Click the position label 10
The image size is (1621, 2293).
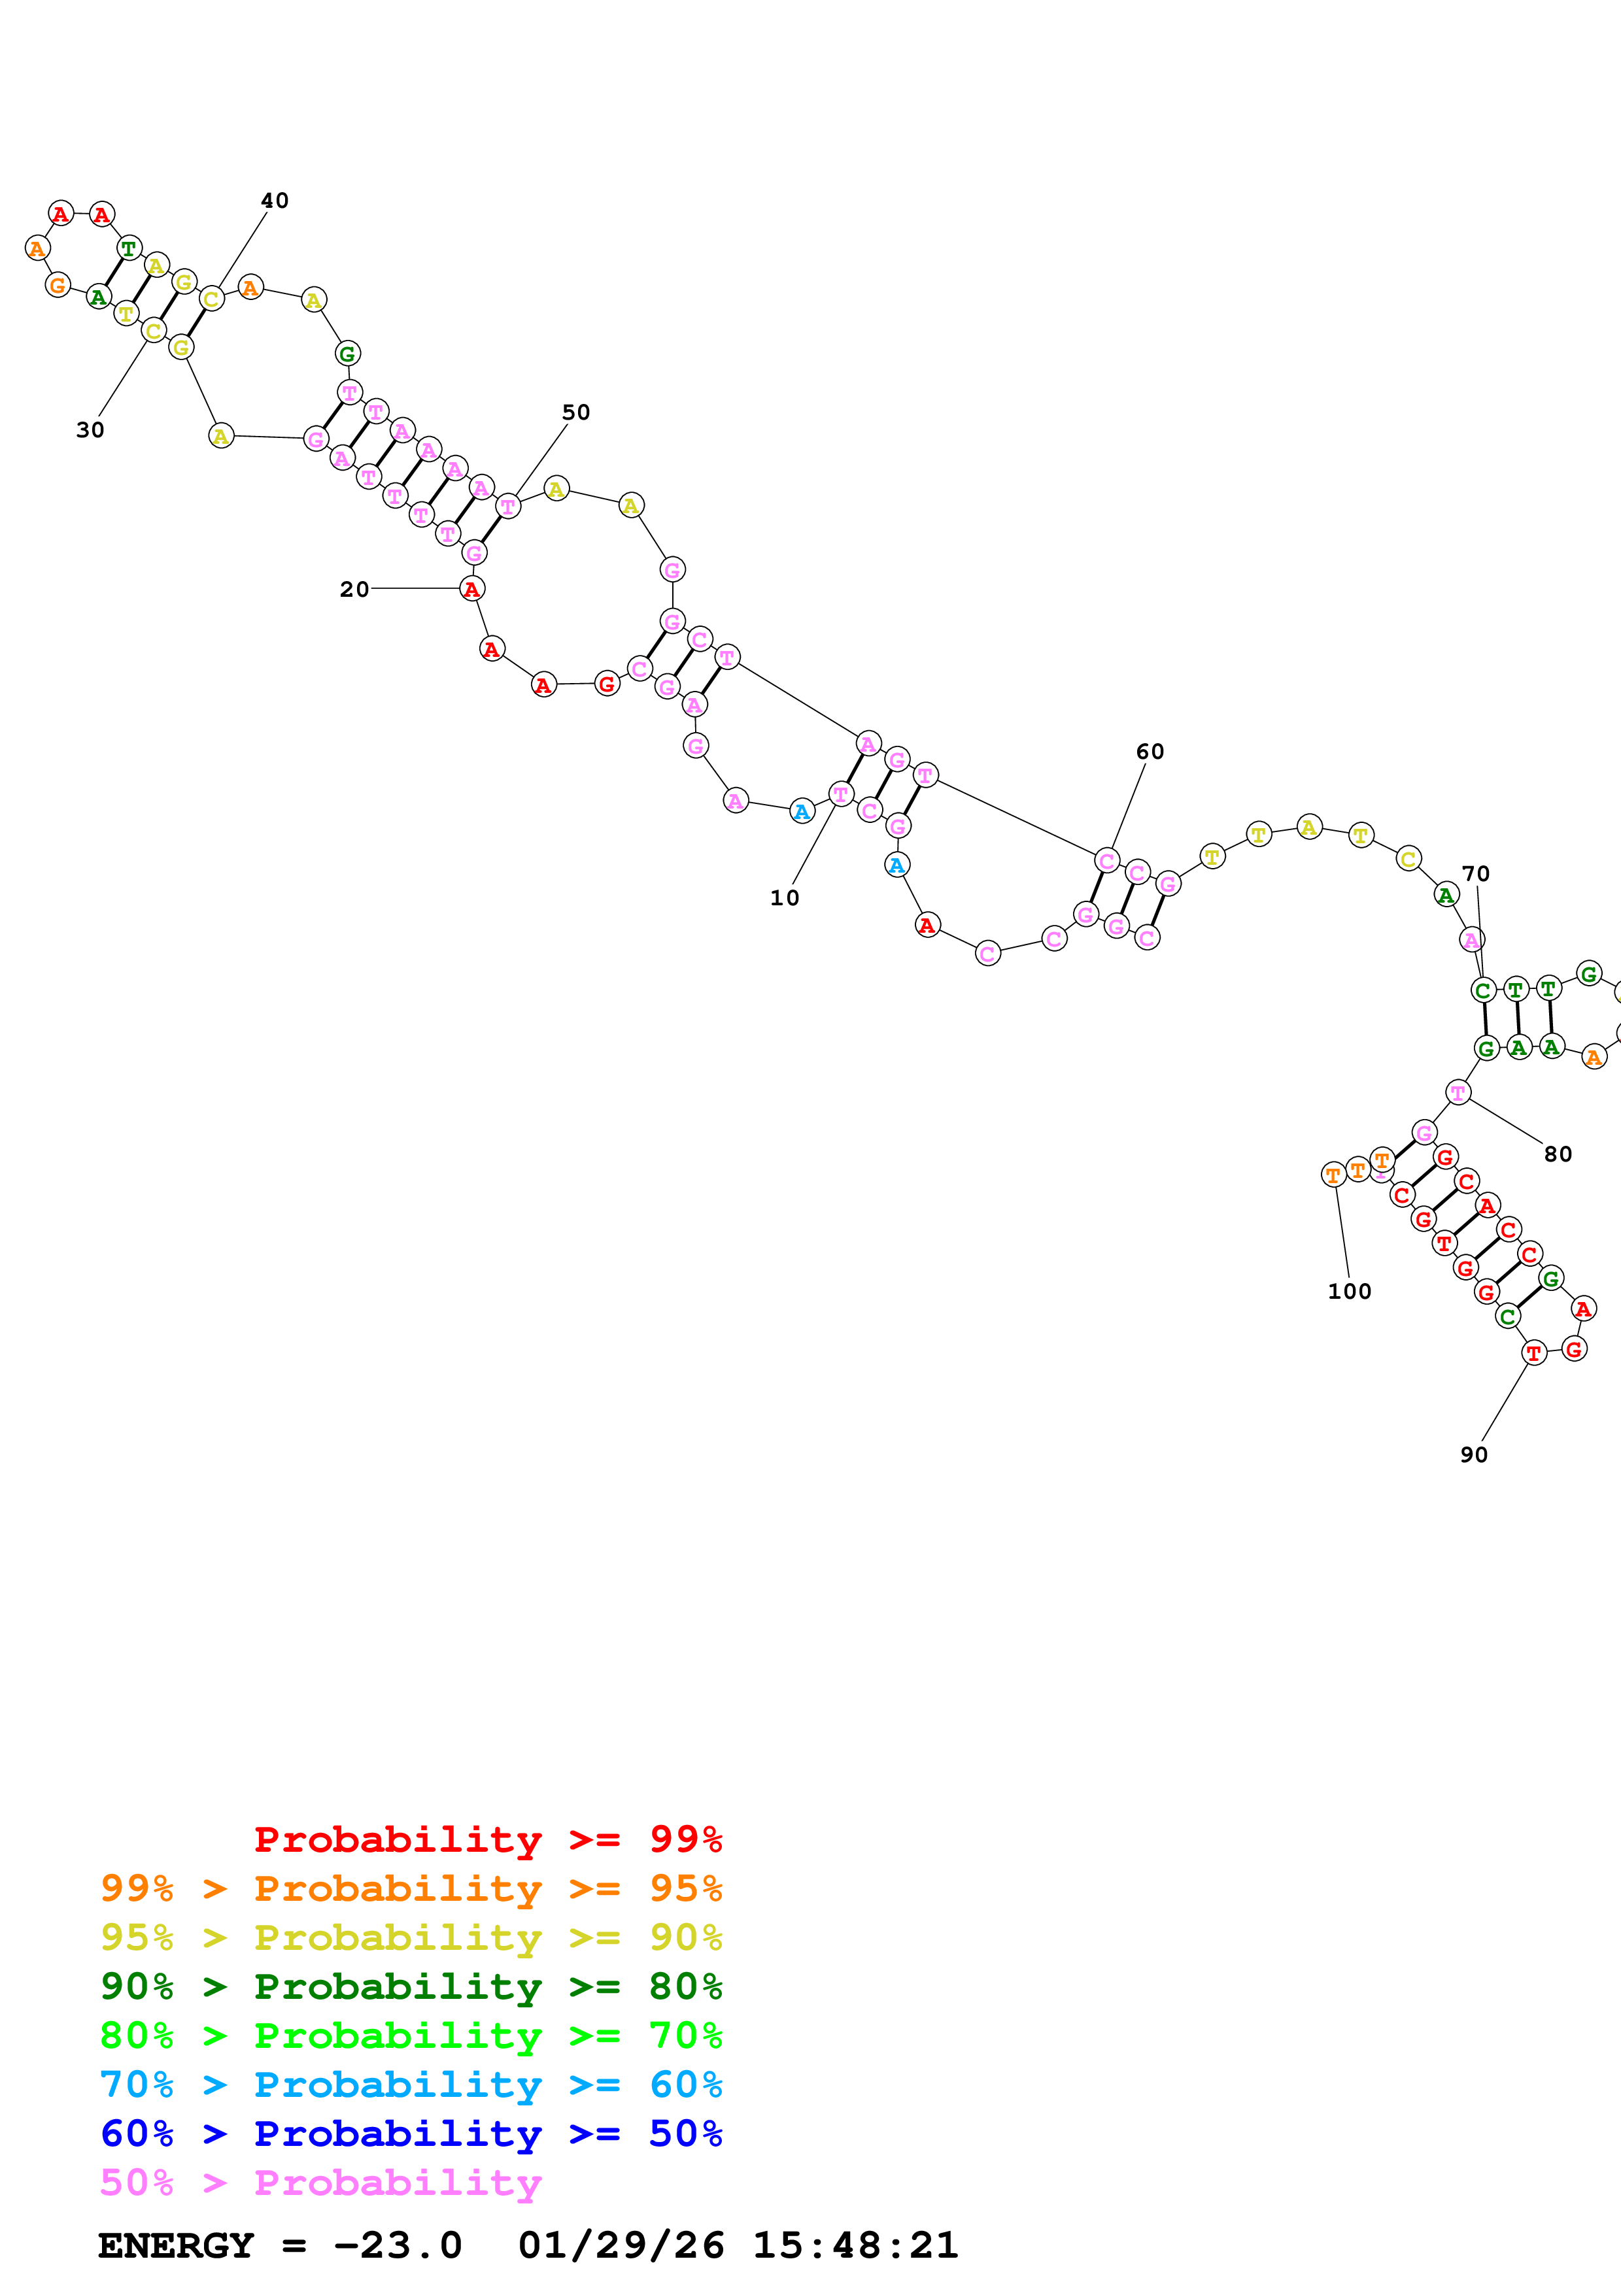(784, 898)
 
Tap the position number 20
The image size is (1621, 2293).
(354, 589)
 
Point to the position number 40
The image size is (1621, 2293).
(275, 201)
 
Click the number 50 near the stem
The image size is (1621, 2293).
(575, 412)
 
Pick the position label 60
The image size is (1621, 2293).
(1150, 752)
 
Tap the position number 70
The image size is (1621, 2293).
(1475, 874)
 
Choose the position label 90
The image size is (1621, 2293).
(1473, 1455)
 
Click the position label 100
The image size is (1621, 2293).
(1348, 1292)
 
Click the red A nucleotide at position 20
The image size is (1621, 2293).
(472, 589)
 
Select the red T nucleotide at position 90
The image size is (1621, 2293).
(1533, 1353)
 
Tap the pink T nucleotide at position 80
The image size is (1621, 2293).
(1458, 1092)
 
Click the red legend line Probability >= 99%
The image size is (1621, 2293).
(487, 1839)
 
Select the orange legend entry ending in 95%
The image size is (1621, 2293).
(411, 1888)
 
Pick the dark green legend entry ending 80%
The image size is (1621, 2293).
(411, 1986)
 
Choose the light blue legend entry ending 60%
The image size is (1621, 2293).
(411, 2084)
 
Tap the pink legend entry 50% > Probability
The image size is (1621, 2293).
(320, 2182)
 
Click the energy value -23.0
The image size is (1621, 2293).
(398, 2245)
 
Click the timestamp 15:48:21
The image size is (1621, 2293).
(855, 2245)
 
